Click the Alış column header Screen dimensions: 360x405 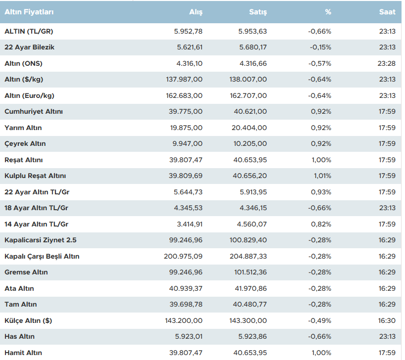point(196,12)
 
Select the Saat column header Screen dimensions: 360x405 point(387,12)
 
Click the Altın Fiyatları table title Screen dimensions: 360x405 point(29,12)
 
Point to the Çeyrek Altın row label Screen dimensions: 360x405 point(25,144)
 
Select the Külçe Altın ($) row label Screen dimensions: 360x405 point(28,320)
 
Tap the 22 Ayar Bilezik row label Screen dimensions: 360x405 point(30,47)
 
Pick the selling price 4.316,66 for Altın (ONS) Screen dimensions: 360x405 point(253,63)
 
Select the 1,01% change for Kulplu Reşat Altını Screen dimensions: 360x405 point(322,176)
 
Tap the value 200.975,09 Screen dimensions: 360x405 point(183,256)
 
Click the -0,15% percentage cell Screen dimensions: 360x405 point(320,47)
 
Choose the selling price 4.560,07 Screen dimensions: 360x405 point(253,224)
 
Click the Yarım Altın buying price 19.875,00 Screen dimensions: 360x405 point(186,128)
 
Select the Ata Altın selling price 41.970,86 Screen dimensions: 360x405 point(250,288)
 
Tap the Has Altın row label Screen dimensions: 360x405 point(20,337)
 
